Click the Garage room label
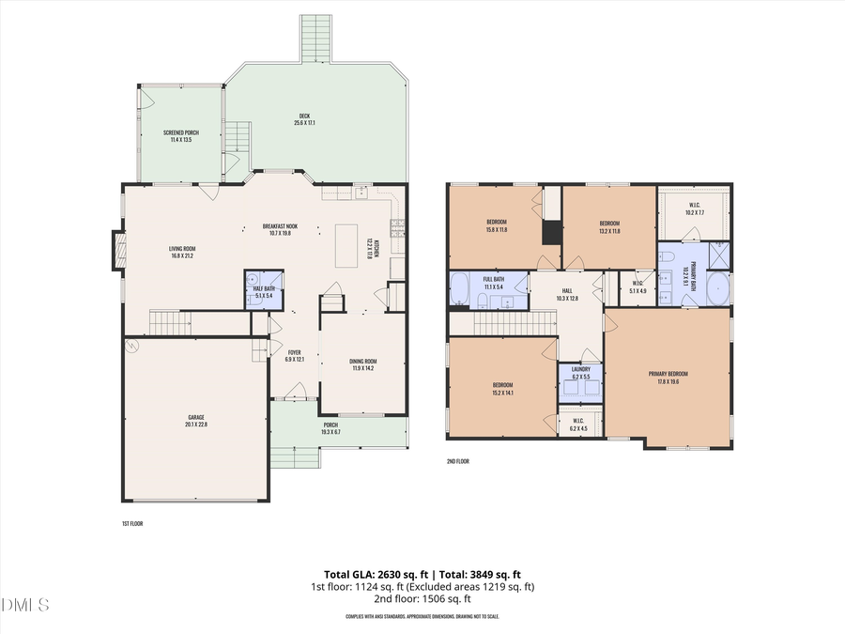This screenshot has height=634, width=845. pyautogui.click(x=196, y=420)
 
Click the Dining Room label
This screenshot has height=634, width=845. pyautogui.click(x=363, y=364)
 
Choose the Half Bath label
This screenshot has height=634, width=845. pyautogui.click(x=264, y=292)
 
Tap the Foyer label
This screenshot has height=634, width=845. pyautogui.click(x=294, y=355)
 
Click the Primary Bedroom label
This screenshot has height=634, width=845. pyautogui.click(x=669, y=378)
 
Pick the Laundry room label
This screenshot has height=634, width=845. pyautogui.click(x=581, y=373)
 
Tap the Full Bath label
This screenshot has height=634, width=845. pyautogui.click(x=494, y=282)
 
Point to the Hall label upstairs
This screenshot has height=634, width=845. pyautogui.click(x=567, y=294)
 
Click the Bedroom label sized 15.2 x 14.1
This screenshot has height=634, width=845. pyautogui.click(x=503, y=389)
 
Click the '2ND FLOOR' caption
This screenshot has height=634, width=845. pyautogui.click(x=458, y=461)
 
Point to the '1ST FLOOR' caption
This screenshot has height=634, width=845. pyautogui.click(x=132, y=523)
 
